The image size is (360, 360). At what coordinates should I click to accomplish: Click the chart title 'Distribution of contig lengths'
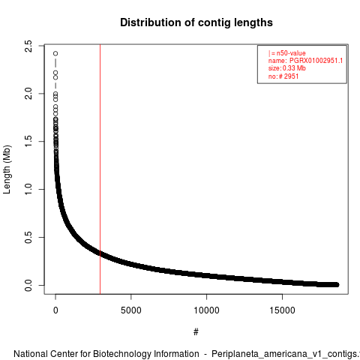pos(196,22)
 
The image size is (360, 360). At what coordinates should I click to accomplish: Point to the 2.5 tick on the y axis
pos(28,46)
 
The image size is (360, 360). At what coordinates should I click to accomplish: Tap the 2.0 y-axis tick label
pos(28,94)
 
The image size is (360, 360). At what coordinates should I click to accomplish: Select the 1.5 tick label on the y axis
pos(28,141)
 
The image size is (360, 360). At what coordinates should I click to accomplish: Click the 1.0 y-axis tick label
pos(28,189)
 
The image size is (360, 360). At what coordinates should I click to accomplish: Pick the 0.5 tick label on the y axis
pos(28,237)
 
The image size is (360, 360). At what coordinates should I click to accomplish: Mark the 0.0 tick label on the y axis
pos(28,285)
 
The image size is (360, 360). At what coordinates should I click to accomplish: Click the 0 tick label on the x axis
pos(55,310)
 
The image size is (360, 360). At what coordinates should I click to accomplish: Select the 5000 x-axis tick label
pos(131,310)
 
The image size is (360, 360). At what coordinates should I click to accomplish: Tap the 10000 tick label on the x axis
pos(206,310)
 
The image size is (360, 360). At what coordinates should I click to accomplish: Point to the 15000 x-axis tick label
pos(282,310)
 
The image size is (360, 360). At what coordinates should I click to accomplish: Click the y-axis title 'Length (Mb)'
pos(7,169)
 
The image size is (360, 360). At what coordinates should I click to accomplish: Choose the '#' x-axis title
pos(196,332)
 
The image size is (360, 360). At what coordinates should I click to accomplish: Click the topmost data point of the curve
pos(55,53)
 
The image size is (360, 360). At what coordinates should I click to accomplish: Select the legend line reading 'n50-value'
pos(287,53)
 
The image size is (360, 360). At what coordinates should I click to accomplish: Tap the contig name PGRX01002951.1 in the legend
pos(316,61)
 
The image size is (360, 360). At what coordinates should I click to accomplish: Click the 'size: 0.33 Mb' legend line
pos(287,68)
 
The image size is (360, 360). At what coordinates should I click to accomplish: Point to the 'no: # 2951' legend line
pos(283,76)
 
